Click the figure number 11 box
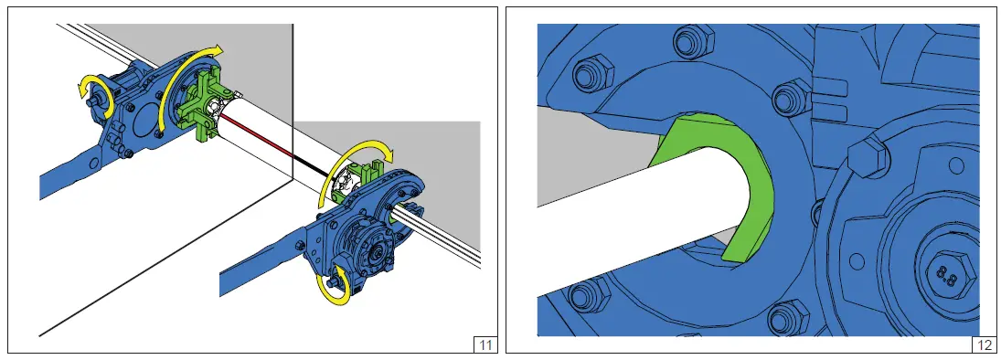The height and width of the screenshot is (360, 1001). tap(485, 345)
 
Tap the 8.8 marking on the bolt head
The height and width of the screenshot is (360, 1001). tap(946, 276)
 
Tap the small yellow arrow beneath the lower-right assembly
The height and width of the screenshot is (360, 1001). tap(334, 287)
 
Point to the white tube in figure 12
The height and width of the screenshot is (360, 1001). tap(638, 214)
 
